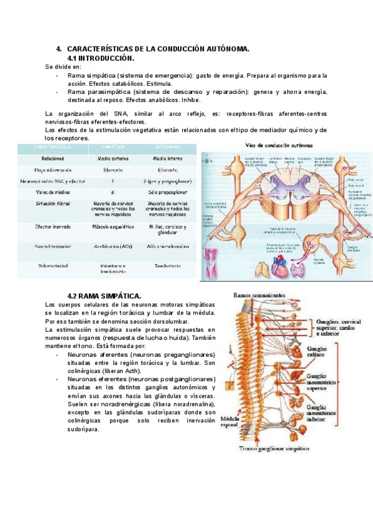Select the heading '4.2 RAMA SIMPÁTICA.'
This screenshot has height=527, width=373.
(104, 295)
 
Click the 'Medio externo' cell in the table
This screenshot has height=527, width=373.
(113, 158)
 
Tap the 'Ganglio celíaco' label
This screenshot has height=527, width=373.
(321, 352)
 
